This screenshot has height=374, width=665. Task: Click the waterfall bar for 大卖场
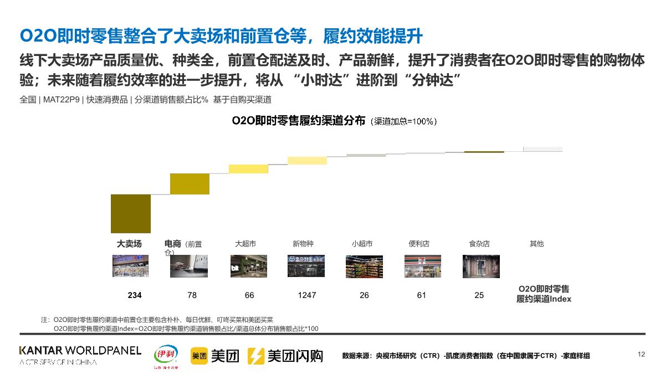pyautogui.click(x=131, y=213)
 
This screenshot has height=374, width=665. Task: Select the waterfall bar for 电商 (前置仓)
pyautogui.click(x=190, y=184)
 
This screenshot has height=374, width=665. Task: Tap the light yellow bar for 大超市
pyautogui.click(x=248, y=169)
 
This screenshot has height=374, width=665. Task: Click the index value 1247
pyautogui.click(x=306, y=295)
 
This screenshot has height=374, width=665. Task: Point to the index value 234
pyautogui.click(x=135, y=295)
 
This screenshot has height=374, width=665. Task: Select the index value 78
pyautogui.click(x=192, y=295)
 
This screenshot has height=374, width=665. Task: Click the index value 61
pyautogui.click(x=422, y=295)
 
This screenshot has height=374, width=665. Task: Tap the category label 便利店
pyautogui.click(x=419, y=244)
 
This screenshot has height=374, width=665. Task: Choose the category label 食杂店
pyautogui.click(x=479, y=244)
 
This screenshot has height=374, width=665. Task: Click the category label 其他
pyautogui.click(x=536, y=244)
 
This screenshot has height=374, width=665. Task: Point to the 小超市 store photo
pyautogui.click(x=364, y=266)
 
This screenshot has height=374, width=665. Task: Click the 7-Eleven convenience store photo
pyautogui.click(x=423, y=266)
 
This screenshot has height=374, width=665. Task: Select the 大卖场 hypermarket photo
pyautogui.click(x=131, y=266)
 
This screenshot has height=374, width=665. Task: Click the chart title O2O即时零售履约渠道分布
pyautogui.click(x=299, y=121)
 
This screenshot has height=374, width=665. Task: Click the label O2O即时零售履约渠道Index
pyautogui.click(x=544, y=294)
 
